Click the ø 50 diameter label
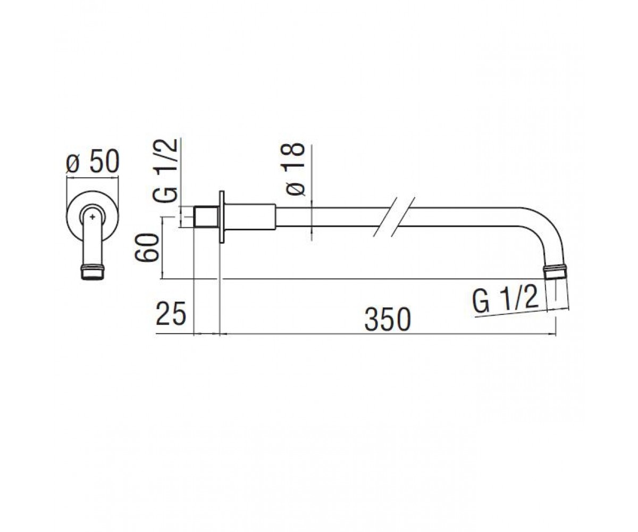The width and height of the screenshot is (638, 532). click(x=93, y=162)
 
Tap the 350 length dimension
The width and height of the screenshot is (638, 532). click(x=388, y=320)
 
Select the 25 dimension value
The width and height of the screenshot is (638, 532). click(x=171, y=313)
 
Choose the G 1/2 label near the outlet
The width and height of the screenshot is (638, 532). click(x=505, y=300)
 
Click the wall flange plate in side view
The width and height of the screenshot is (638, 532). click(x=222, y=218)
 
